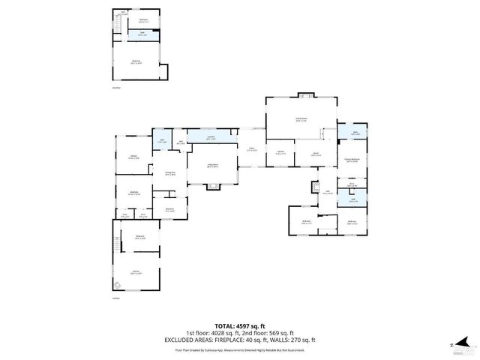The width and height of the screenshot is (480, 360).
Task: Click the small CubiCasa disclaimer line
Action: click(x=239, y=349)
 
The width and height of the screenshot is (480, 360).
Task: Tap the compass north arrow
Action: click(x=455, y=345)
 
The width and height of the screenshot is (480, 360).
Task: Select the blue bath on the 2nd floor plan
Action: click(x=142, y=34)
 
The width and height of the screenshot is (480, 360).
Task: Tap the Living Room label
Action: click(x=213, y=165)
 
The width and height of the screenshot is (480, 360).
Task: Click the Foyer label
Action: click(x=253, y=149)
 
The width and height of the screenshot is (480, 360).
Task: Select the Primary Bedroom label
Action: click(x=352, y=160)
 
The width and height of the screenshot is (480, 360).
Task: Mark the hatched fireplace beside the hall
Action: click(x=313, y=185)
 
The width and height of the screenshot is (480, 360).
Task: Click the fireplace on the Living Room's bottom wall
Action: click(x=213, y=184)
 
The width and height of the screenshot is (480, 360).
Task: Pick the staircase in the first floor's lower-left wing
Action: click(x=117, y=244)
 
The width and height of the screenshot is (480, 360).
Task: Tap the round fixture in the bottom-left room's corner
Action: click(x=118, y=284)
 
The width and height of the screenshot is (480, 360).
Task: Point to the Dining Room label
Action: click(x=170, y=174)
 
